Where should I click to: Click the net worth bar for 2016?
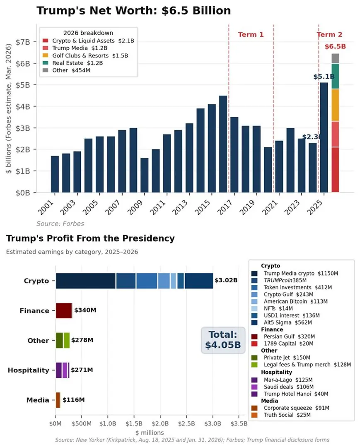(223, 144)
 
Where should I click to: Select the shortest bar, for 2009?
(144, 175)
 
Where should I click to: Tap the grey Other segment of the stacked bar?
(335, 58)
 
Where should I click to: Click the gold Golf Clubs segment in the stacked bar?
(335, 105)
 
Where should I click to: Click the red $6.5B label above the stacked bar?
(335, 46)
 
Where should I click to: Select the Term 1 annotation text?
(251, 34)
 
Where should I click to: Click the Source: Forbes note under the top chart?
(60, 224)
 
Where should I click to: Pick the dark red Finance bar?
(64, 310)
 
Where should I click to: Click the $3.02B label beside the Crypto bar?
(226, 280)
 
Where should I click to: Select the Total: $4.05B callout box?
(223, 340)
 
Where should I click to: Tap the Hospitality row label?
(29, 370)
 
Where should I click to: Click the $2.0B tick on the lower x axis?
(160, 424)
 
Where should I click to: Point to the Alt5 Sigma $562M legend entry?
(282, 323)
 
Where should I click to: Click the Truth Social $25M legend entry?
(281, 415)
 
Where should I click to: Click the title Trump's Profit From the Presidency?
(90, 238)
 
